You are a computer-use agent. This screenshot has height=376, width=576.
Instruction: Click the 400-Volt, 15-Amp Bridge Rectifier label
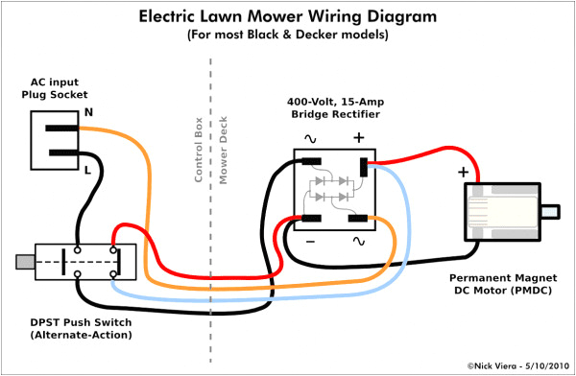335,107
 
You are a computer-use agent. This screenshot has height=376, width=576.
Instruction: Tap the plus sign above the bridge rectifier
359,137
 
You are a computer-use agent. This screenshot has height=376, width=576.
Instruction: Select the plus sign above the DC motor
464,172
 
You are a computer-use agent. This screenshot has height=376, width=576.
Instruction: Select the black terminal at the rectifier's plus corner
364,168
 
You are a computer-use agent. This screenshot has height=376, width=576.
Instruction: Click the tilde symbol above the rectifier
311,138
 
